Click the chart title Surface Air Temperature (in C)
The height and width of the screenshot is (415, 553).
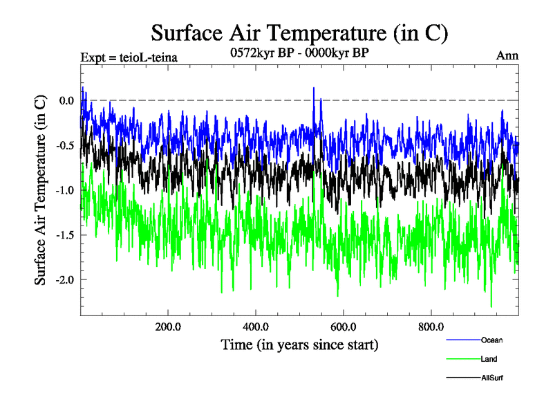[x=299, y=32]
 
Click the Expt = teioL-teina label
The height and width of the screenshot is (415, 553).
[x=129, y=57]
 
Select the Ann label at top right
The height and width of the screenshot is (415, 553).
[x=507, y=56]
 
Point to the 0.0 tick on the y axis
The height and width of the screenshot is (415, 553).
[x=66, y=100]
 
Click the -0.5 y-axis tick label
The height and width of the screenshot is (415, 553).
[x=65, y=145]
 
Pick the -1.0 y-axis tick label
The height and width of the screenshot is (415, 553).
[x=65, y=190]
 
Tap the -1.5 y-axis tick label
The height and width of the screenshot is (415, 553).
[x=65, y=235]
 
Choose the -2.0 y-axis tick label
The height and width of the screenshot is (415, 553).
[x=65, y=279]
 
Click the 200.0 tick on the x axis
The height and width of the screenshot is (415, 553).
[x=168, y=326]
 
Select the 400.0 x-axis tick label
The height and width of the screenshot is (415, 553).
[x=256, y=326]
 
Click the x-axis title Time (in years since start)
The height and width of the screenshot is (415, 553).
[x=299, y=344]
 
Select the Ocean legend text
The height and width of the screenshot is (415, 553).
[x=492, y=340]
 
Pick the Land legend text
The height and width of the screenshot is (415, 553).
[x=489, y=359]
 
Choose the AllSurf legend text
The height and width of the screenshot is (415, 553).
[x=492, y=378]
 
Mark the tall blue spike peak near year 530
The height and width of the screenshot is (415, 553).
[x=313, y=88]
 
